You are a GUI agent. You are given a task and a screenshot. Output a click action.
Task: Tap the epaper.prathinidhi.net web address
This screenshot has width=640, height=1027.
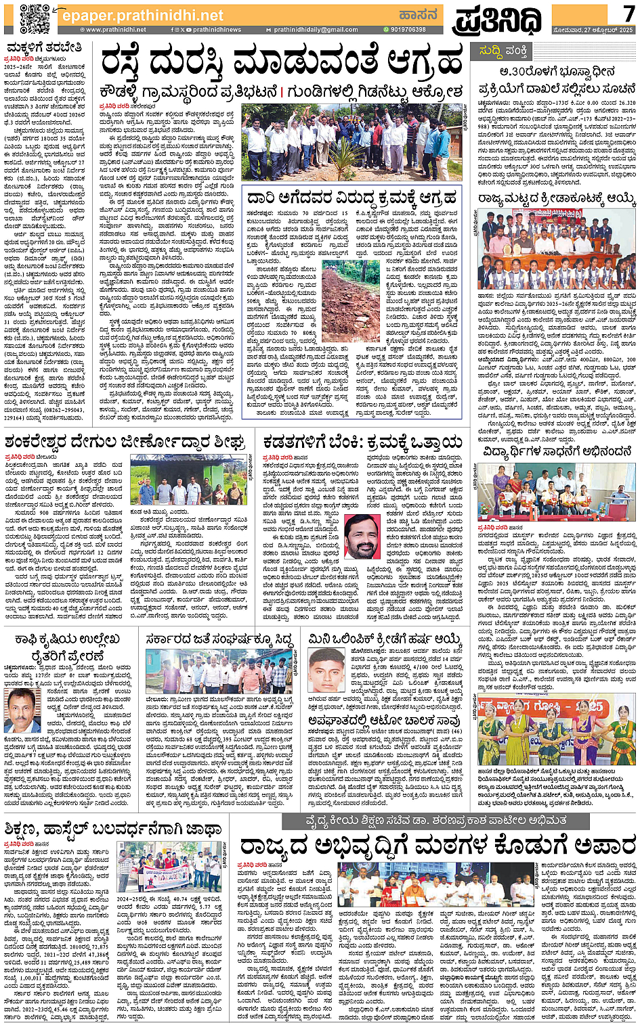pyautogui.click(x=142, y=15)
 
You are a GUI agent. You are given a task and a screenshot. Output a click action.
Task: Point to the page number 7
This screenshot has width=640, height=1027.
pyautogui.click(x=628, y=14)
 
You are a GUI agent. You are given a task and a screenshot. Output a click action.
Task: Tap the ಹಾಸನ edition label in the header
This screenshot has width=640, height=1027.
pyautogui.click(x=418, y=15)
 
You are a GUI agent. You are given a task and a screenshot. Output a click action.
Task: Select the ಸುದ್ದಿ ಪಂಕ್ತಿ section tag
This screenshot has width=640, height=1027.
pyautogui.click(x=503, y=51)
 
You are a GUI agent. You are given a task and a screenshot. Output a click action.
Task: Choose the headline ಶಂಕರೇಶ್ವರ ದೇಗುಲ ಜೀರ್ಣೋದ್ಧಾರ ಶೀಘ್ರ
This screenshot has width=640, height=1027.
pyautogui.click(x=124, y=442)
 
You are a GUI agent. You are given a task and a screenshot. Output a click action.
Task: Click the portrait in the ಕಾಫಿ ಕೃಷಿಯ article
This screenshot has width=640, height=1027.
pyautogui.click(x=22, y=710)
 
